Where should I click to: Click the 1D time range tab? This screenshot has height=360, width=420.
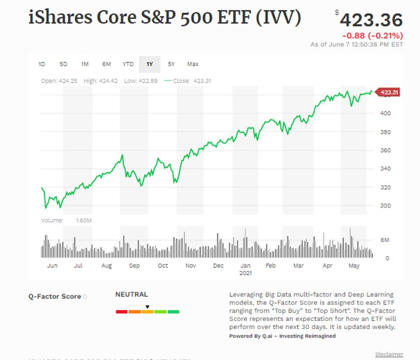42,64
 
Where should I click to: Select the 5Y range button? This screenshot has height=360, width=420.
171,64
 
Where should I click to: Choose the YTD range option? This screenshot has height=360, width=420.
128,64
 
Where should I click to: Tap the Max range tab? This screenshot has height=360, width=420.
193,64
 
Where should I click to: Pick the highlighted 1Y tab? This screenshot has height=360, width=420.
150,64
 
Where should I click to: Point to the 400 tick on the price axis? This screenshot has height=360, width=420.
385,113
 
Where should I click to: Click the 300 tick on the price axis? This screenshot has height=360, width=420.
385,205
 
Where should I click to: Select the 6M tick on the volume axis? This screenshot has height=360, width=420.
385,240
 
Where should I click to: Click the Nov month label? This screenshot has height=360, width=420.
191,266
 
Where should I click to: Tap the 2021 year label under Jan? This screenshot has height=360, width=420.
246,273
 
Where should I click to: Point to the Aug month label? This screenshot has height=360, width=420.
106,266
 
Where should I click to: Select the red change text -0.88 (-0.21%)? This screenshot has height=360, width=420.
372,36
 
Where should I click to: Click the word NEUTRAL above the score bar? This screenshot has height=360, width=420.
131,294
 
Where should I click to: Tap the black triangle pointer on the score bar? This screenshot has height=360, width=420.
148,307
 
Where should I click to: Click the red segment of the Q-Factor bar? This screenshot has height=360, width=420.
122,312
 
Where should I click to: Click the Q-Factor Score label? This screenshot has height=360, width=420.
55,296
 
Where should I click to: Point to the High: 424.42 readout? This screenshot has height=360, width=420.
100,81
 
